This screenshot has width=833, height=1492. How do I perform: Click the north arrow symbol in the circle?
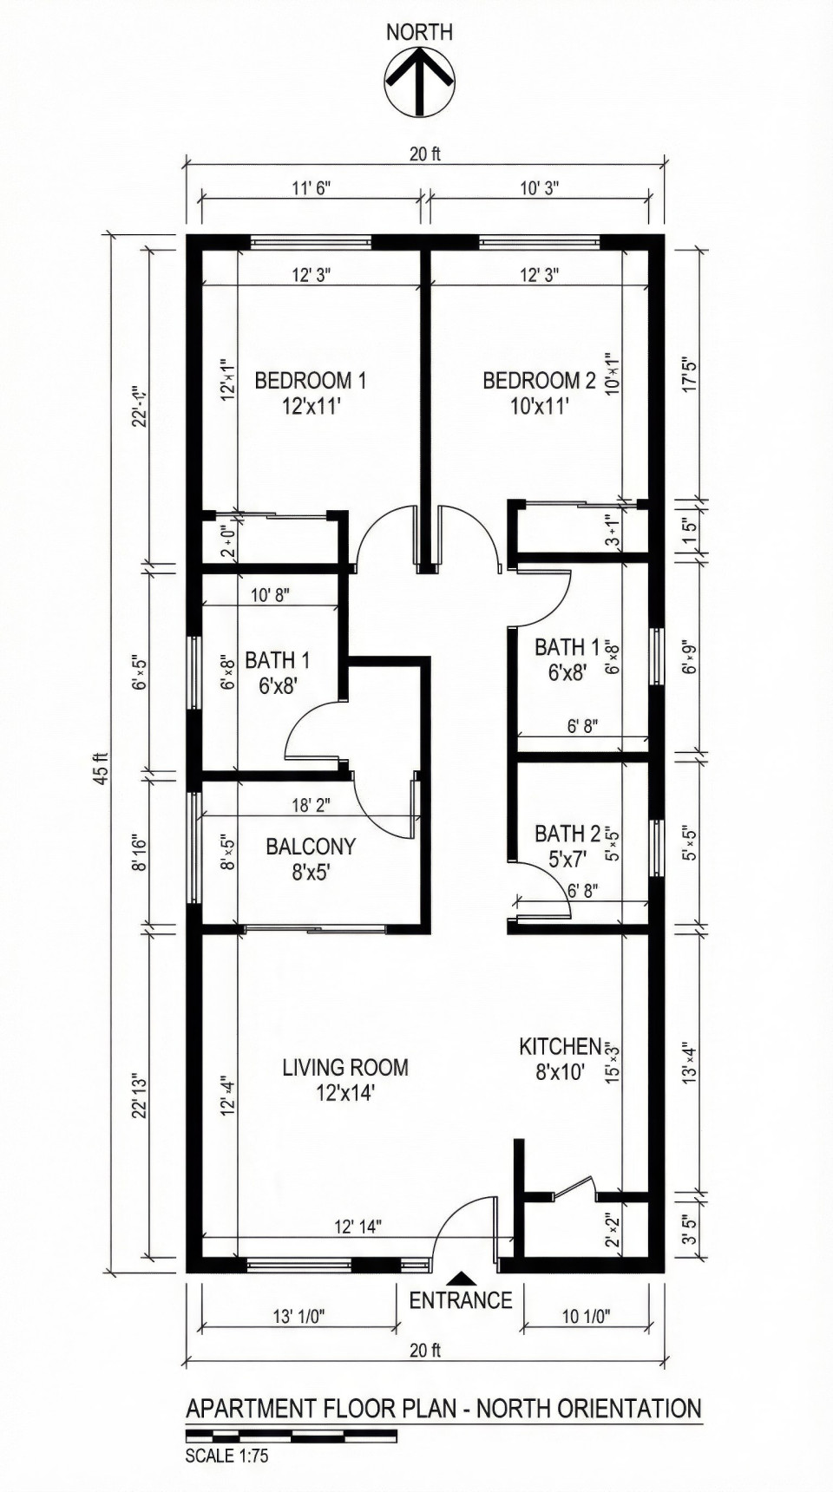pyautogui.click(x=419, y=82)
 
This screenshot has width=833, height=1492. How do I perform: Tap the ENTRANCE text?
pyautogui.click(x=461, y=1300)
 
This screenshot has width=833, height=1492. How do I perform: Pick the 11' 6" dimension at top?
pyautogui.click(x=311, y=188)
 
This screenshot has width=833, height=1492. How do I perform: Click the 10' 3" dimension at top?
pyautogui.click(x=539, y=188)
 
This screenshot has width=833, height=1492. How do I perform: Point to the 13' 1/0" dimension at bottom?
pyautogui.click(x=298, y=1317)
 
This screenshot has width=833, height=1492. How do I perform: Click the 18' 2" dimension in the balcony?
pyautogui.click(x=311, y=805)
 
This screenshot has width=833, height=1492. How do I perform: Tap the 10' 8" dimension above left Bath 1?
pyautogui.click(x=270, y=595)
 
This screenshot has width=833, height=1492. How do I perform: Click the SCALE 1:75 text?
pyautogui.click(x=226, y=1456)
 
